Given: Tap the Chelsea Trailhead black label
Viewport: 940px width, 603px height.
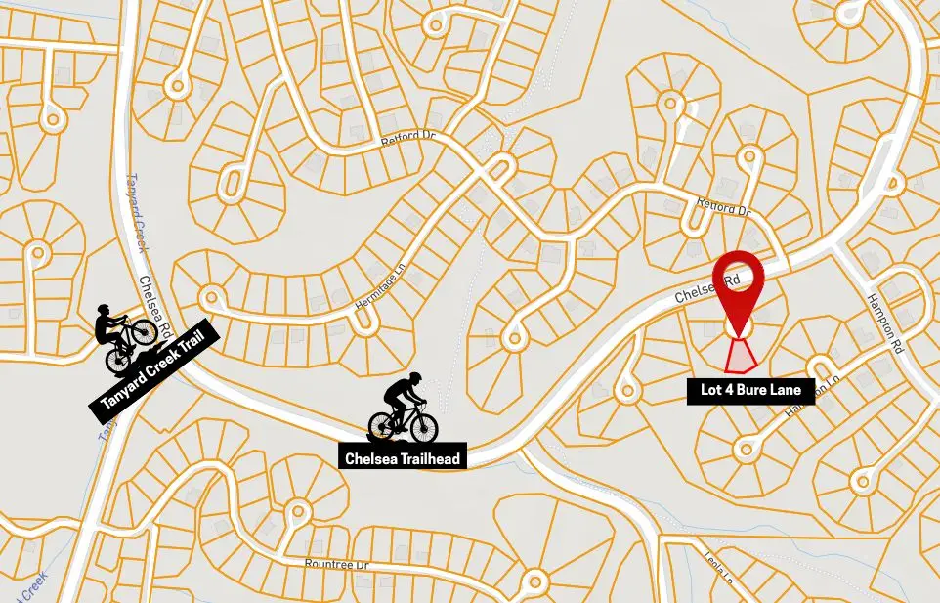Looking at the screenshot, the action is click(x=401, y=456).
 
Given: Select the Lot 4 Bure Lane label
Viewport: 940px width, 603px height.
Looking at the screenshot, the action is click(x=750, y=391).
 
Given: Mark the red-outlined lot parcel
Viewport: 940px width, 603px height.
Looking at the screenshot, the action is click(x=743, y=355).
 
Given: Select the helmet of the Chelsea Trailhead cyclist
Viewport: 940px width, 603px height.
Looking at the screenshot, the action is click(x=414, y=378).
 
